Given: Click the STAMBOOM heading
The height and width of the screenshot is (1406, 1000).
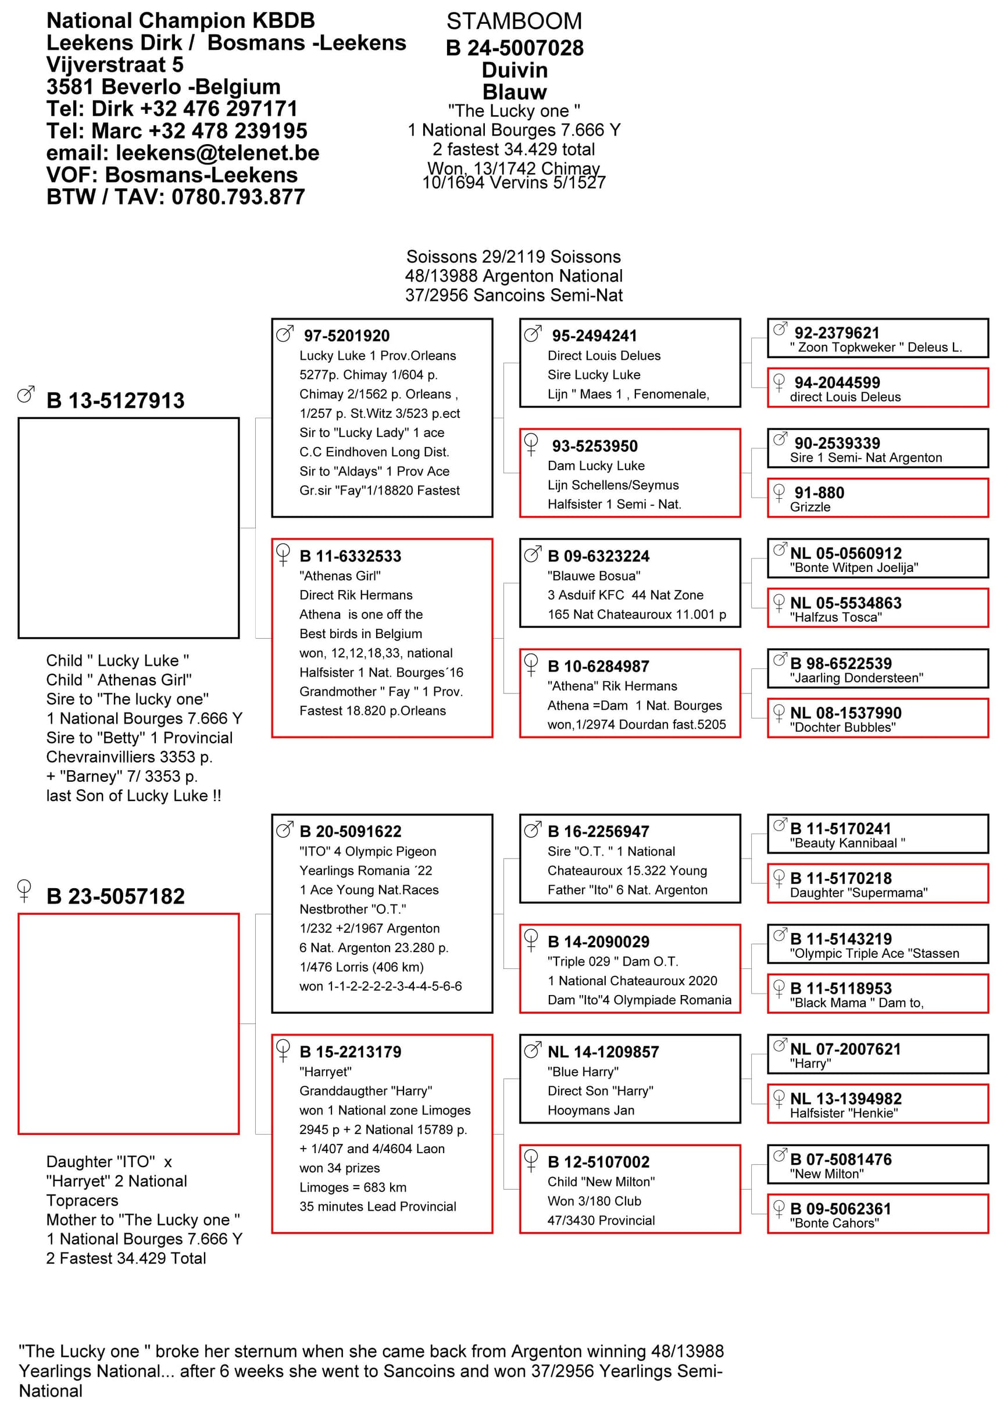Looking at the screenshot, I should [513, 22].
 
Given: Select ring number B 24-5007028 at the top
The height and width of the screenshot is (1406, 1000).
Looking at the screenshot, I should [514, 48].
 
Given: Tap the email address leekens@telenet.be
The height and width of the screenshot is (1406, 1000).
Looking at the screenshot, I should [217, 153].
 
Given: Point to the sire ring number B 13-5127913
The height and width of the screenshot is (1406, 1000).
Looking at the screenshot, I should [115, 400].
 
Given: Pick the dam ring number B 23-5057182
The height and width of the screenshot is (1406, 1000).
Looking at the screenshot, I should [115, 896].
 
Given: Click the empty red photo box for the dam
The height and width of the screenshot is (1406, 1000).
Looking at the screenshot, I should [128, 1023].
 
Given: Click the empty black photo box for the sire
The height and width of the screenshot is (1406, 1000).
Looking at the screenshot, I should [128, 528].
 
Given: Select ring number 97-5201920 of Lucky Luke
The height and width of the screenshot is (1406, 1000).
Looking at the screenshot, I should [347, 335].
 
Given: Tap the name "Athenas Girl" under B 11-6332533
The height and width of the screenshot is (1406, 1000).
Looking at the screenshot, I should [340, 575].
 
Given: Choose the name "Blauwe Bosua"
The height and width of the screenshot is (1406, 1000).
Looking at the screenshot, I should [594, 575].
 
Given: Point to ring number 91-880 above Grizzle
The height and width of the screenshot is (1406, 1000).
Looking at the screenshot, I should [819, 492].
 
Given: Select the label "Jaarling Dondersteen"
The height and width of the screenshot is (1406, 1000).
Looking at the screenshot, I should [856, 678].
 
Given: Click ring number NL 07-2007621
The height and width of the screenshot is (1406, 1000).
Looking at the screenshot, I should [845, 1049].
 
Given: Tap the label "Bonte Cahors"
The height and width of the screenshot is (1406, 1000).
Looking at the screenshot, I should [834, 1223].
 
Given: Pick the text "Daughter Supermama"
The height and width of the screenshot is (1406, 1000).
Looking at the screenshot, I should [858, 893].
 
